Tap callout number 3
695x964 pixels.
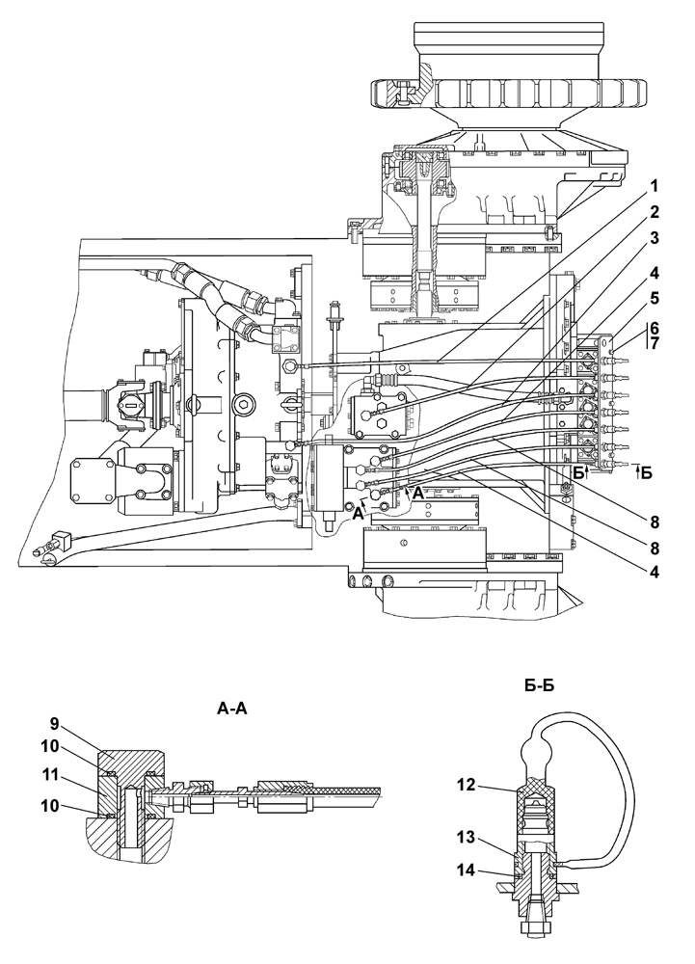(655, 238)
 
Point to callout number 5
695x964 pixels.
(655, 298)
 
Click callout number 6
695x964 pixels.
(655, 328)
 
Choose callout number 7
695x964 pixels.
(655, 344)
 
